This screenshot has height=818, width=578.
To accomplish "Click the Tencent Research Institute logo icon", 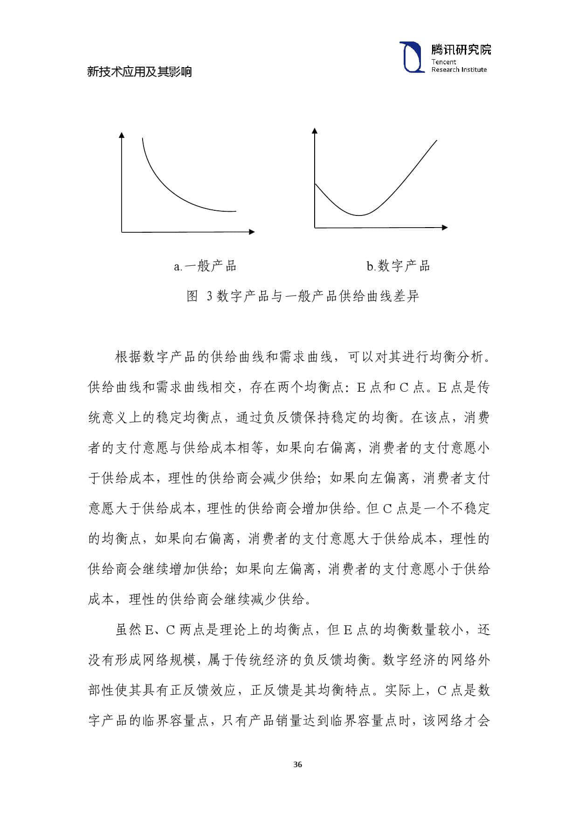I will [412, 57].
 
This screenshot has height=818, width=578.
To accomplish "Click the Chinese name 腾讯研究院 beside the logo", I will [461, 49].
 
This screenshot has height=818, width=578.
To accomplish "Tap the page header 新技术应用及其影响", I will [139, 72].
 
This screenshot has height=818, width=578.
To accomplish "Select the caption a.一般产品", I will [205, 266].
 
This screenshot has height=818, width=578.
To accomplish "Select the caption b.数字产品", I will [398, 266].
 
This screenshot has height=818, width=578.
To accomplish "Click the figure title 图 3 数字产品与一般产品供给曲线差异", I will [303, 296].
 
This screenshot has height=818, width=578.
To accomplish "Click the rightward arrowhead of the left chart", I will [252, 232].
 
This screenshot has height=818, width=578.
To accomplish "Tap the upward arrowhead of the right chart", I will [315, 131].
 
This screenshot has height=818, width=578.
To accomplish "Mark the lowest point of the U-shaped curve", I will [359, 215].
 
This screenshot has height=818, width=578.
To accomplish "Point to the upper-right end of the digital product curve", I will [437, 140].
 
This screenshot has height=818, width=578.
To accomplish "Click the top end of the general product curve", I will [142, 138].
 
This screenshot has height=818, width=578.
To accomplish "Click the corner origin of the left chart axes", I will [122, 232].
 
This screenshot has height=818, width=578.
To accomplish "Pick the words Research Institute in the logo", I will [459, 69].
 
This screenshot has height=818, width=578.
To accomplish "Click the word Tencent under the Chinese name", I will [443, 62].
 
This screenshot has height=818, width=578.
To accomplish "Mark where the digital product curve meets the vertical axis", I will [315, 184].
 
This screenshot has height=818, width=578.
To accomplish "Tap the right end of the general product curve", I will [235, 211].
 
